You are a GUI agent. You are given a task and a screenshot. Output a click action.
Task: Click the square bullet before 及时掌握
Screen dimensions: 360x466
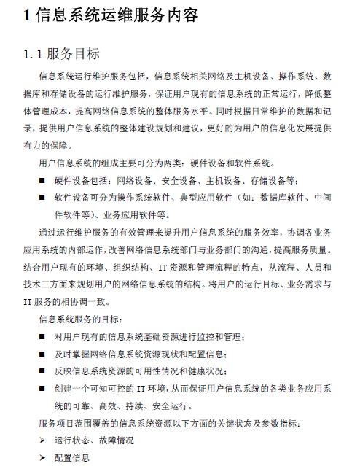click(43, 354)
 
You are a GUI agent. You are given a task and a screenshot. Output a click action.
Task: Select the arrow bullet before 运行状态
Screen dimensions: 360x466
click(43, 440)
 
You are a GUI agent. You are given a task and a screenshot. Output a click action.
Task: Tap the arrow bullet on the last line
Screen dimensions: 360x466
click(43, 457)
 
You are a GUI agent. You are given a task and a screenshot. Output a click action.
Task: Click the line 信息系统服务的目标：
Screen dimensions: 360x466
click(82, 319)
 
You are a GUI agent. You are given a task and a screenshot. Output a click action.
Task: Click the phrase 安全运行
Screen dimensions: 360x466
click(173, 405)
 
